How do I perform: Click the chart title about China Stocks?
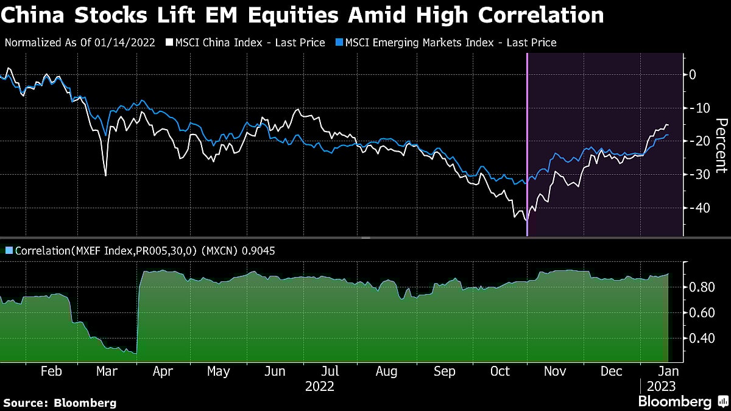click(x=302, y=15)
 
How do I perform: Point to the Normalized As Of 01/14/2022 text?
click(x=80, y=43)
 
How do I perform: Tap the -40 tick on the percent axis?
click(x=697, y=208)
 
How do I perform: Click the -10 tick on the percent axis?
click(x=697, y=108)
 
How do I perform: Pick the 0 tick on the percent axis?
click(x=693, y=75)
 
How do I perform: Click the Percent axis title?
click(x=721, y=146)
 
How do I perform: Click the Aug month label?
click(x=387, y=371)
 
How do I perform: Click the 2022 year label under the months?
click(x=320, y=386)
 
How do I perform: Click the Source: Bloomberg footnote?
click(x=60, y=402)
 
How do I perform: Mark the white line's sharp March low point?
click(x=105, y=175)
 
